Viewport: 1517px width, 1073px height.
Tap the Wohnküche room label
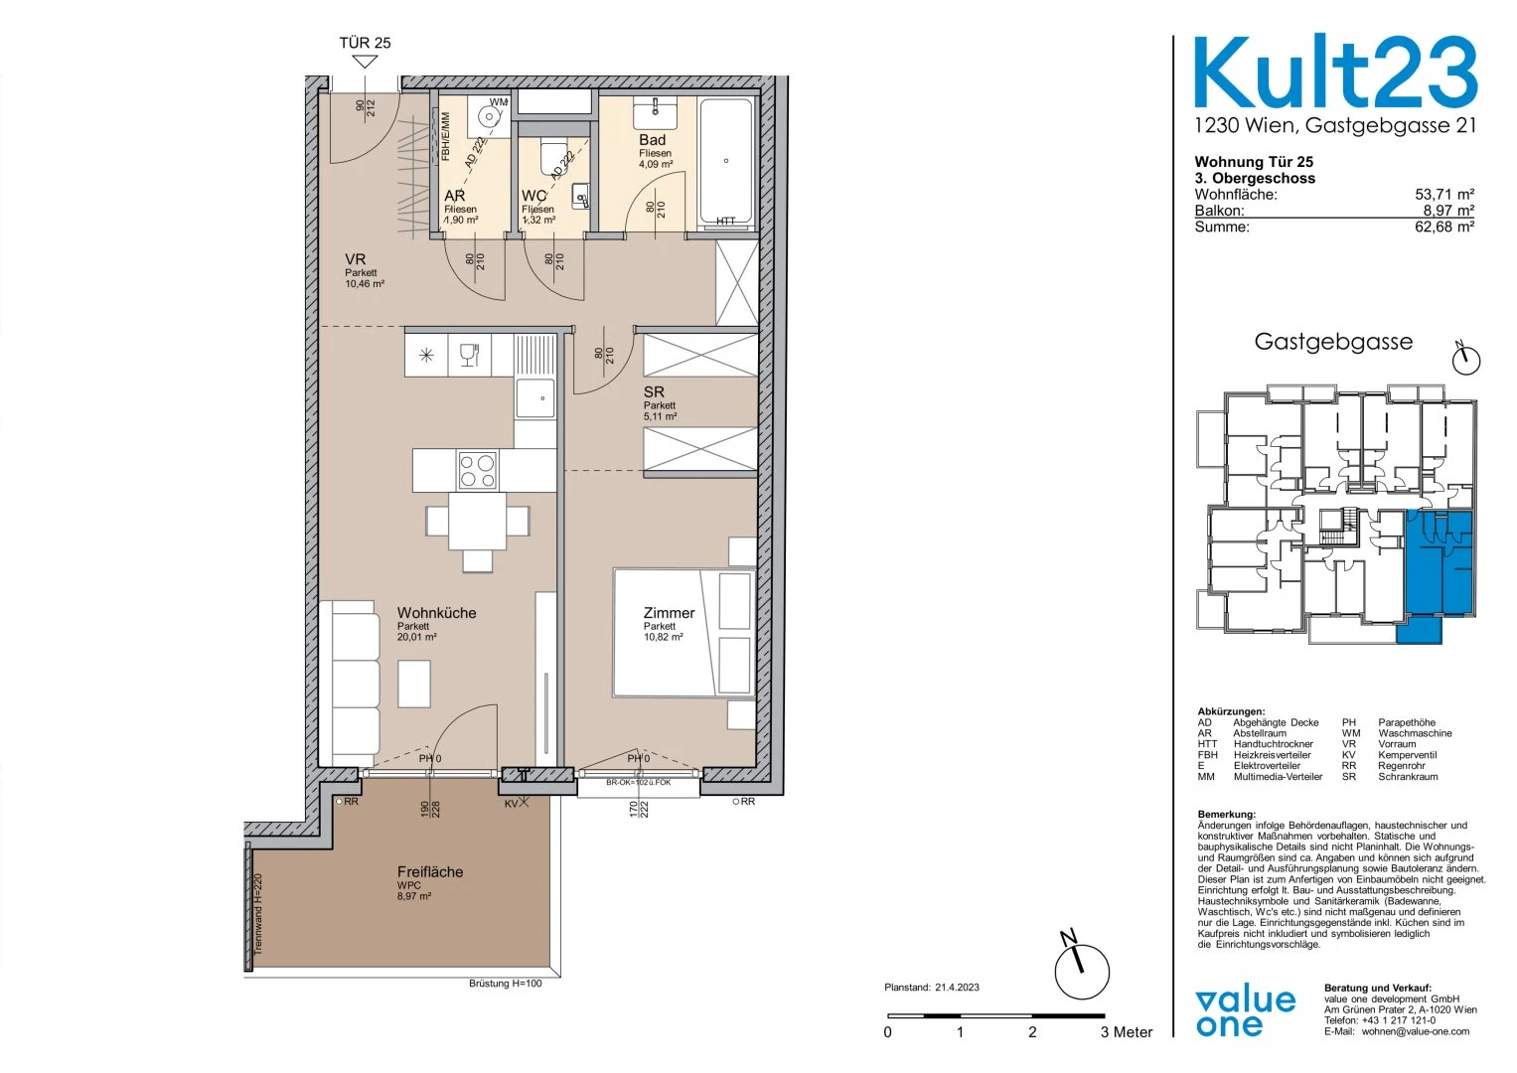[436, 613]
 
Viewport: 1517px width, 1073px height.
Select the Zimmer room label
[669, 613]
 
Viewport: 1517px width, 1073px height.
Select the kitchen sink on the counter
[535, 397]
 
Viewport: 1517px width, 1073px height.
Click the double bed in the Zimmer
[684, 632]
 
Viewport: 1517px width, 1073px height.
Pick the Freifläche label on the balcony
[430, 871]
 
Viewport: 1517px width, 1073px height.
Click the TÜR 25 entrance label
[365, 43]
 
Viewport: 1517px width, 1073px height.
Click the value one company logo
[1246, 1011]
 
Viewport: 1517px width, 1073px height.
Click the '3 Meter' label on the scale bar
[1127, 1032]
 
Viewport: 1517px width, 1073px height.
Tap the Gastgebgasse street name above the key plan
[1332, 342]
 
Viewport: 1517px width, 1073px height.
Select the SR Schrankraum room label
[654, 392]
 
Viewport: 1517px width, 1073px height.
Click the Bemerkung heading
[1226, 815]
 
